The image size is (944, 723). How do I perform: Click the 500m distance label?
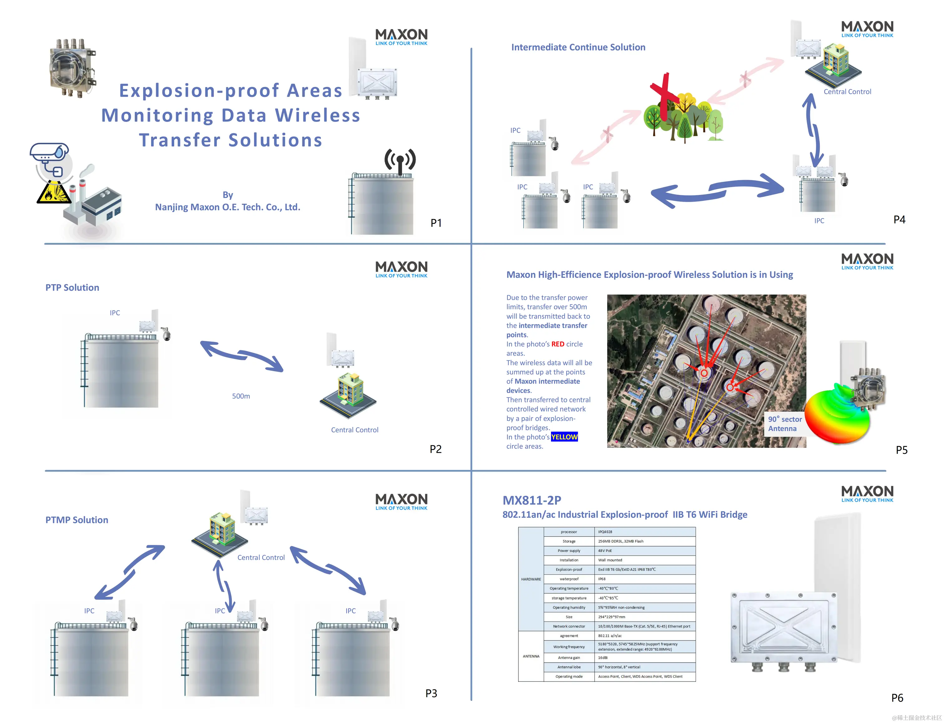point(241,396)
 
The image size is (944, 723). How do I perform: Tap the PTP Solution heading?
point(72,288)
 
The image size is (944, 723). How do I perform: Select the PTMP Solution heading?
point(77,520)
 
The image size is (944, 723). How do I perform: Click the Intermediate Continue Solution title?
point(578,47)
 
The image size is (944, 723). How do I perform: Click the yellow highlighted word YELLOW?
point(564,437)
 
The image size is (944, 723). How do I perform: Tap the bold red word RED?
point(558,344)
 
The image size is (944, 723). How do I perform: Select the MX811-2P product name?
point(532,500)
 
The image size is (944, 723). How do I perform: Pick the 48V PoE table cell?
point(605,551)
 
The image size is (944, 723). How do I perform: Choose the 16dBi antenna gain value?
point(603,657)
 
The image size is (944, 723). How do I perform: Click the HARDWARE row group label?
point(531,579)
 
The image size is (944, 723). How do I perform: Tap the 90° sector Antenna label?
point(785,424)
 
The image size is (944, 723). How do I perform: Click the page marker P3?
point(431,693)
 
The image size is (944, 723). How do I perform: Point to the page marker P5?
point(901,450)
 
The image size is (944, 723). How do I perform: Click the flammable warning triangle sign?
point(53,193)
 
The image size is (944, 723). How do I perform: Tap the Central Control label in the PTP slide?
point(354,430)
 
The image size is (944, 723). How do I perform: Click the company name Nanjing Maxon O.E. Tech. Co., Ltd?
point(227,207)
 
